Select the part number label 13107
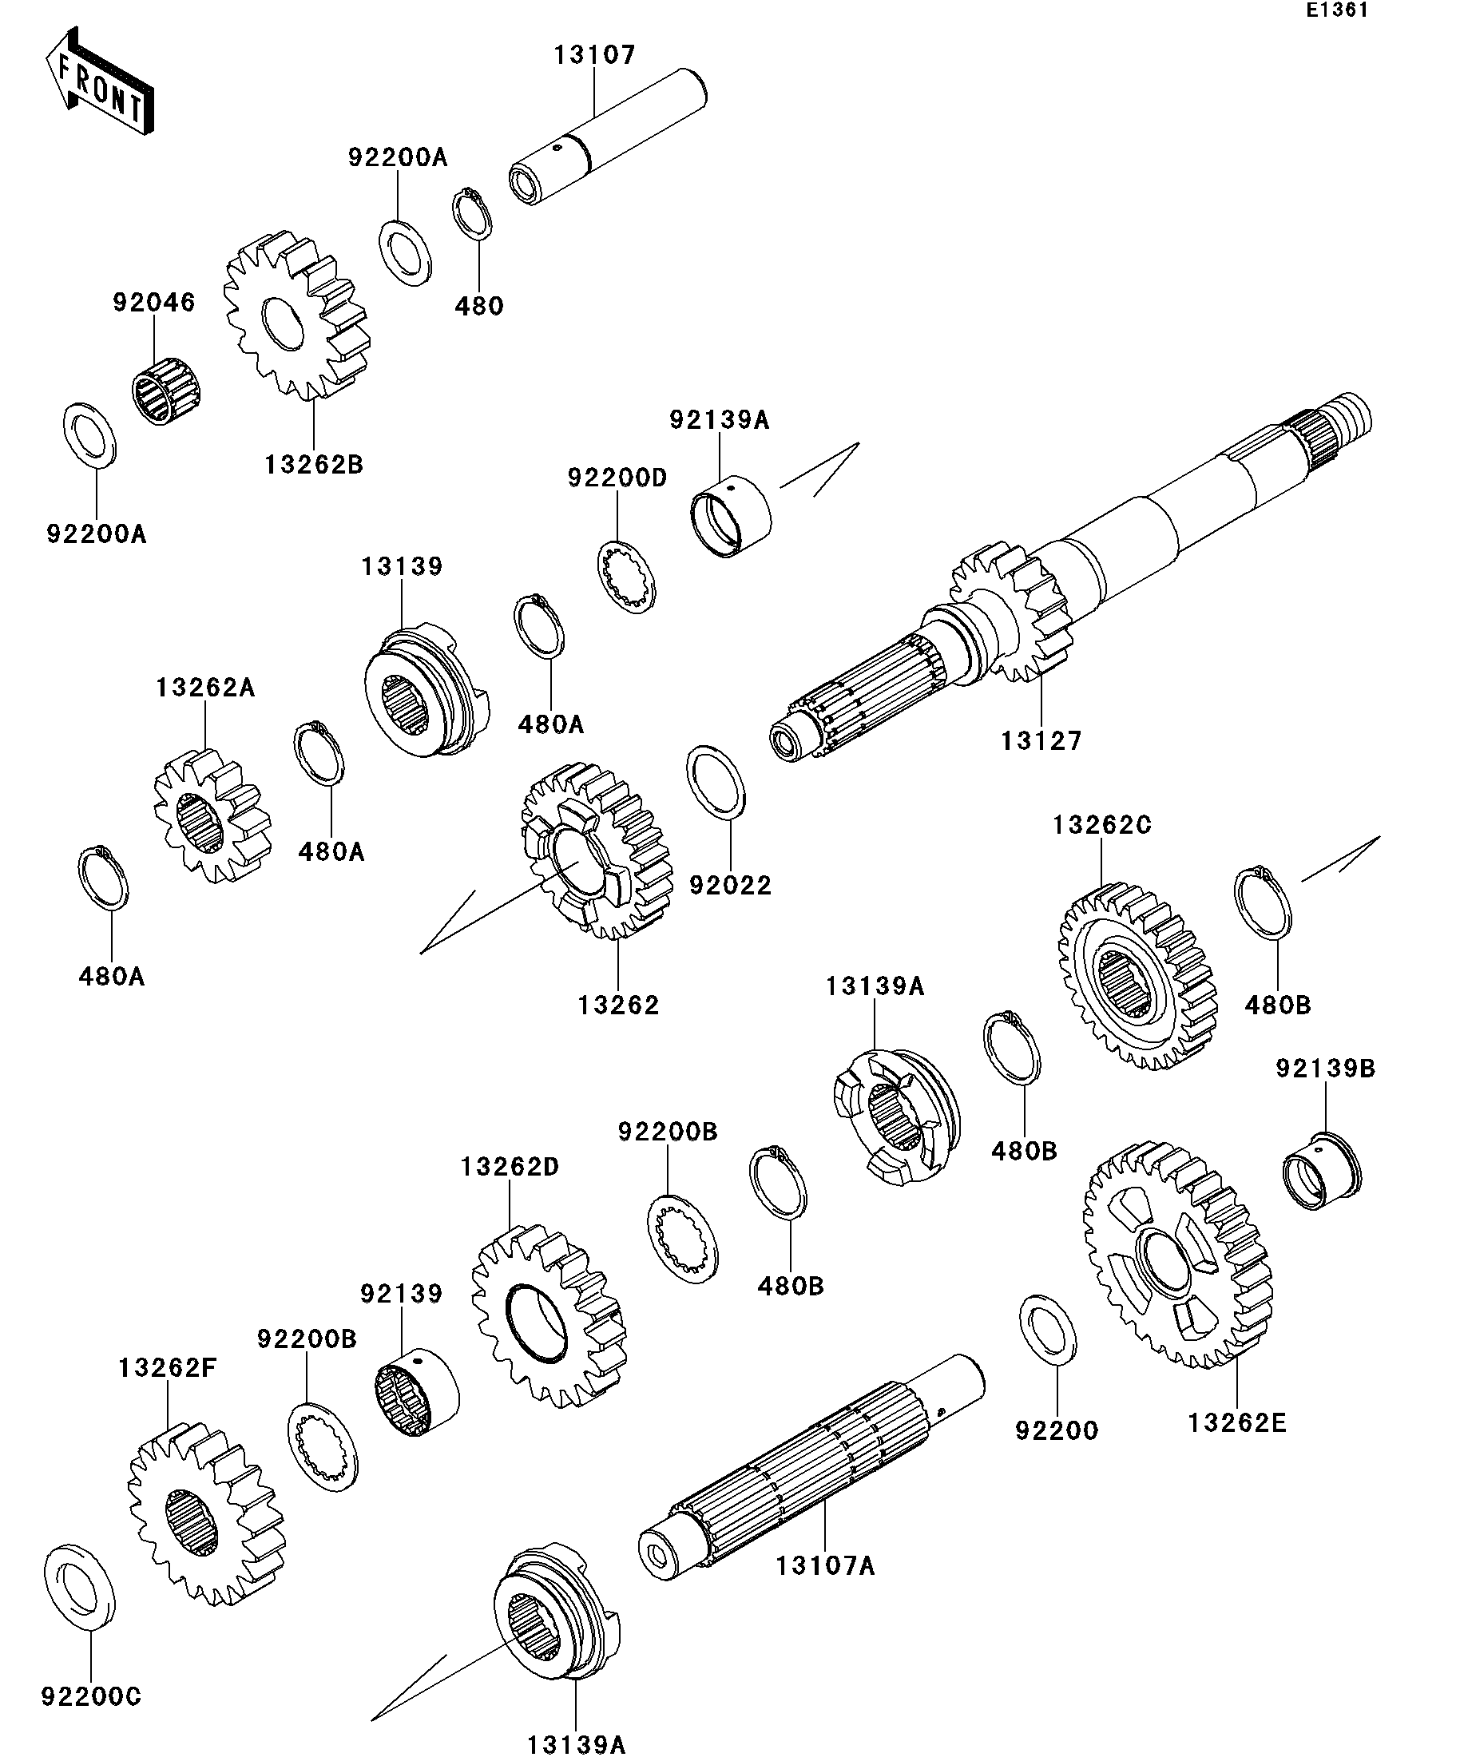coord(594,55)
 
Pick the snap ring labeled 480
coord(472,215)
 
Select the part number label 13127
coord(1041,740)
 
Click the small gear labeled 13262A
coord(212,815)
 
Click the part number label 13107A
coord(825,1565)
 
